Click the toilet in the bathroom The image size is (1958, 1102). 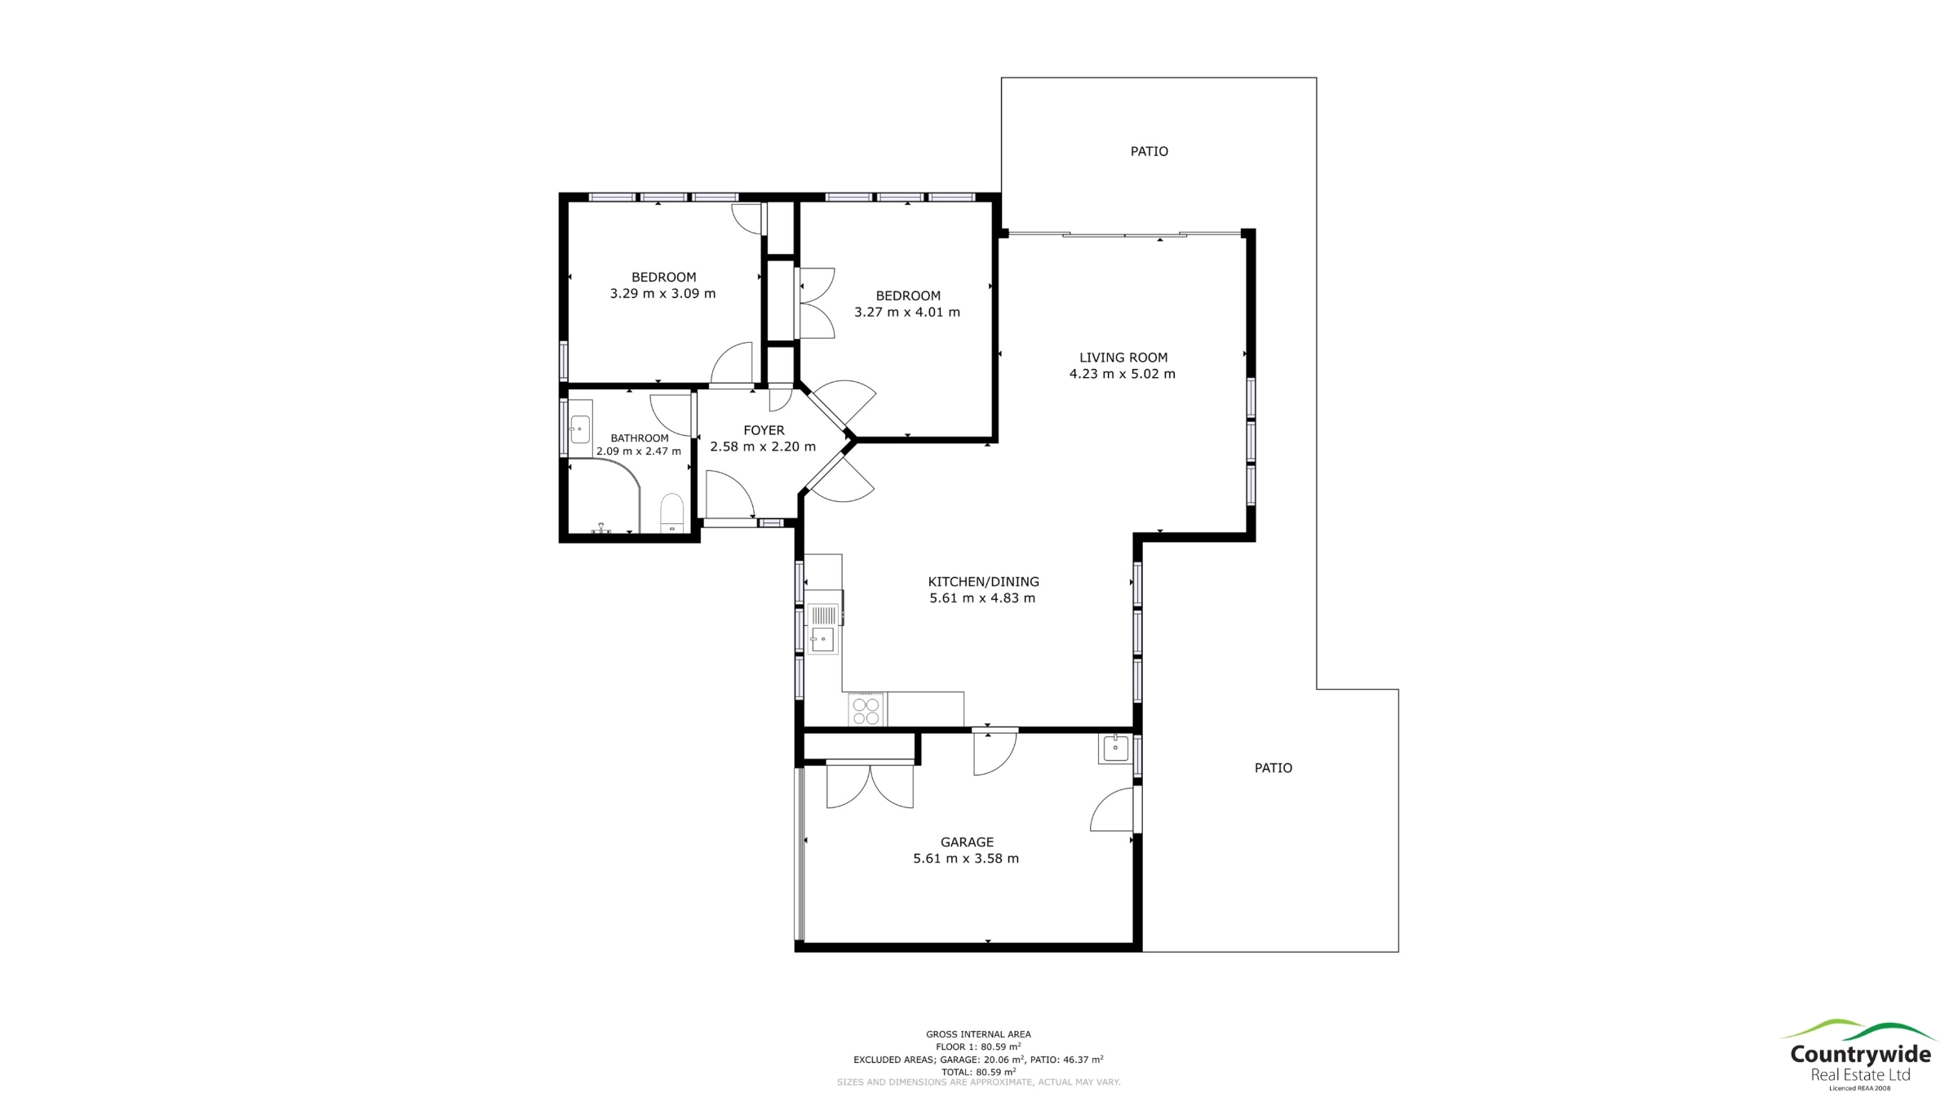pos(671,513)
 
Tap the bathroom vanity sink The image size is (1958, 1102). pos(580,428)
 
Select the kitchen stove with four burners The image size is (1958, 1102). pos(866,709)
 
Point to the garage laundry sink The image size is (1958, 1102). pos(1115,748)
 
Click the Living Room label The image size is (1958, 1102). pos(1123,358)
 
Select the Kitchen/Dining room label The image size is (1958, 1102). pos(983,582)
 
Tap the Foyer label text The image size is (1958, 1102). pos(764,430)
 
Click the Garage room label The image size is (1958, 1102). pos(967,842)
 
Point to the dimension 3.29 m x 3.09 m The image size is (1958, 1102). pos(662,294)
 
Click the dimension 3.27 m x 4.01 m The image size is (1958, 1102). pos(907,312)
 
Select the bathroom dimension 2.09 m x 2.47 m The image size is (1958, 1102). pos(639,451)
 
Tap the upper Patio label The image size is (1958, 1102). pos(1149,151)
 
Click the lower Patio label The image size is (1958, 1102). pos(1274,767)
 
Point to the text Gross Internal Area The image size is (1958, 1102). pos(978,1034)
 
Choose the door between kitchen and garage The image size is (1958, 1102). pos(995,751)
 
